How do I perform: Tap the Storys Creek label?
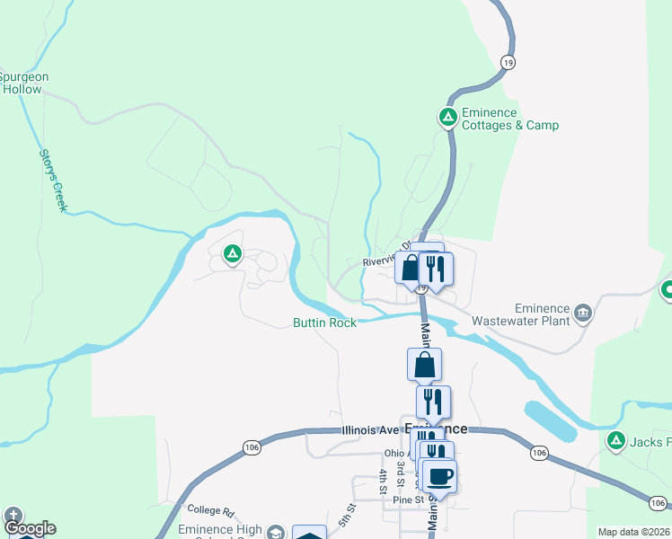tap(52, 180)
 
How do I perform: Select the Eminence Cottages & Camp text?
tap(509, 119)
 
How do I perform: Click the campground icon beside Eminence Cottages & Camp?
tap(447, 117)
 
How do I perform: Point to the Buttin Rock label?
tap(324, 323)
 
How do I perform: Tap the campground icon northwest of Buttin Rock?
tap(233, 254)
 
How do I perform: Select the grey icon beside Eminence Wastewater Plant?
tap(584, 313)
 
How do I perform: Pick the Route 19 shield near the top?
tap(508, 62)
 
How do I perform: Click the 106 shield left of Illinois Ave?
tap(251, 446)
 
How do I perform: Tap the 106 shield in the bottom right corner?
tap(658, 502)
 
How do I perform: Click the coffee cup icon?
tap(440, 475)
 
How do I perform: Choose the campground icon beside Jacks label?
tap(616, 440)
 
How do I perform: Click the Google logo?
tap(30, 528)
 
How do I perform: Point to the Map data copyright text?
tap(634, 532)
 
